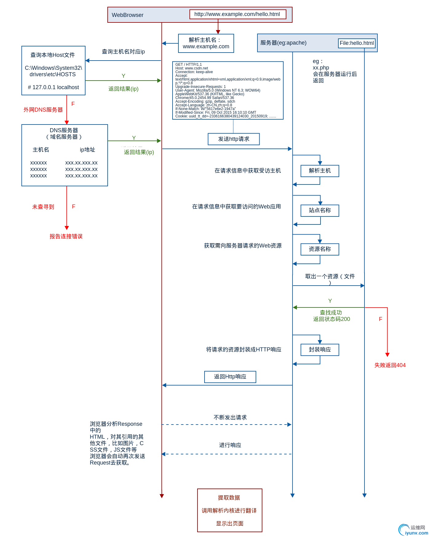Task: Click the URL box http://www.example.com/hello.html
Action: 237,14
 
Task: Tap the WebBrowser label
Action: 127,15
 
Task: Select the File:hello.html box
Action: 356,43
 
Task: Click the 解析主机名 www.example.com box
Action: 206,43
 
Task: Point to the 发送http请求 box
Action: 233,139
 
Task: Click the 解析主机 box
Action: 320,171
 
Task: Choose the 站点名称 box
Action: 320,211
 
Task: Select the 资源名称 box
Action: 320,249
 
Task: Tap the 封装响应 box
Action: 320,350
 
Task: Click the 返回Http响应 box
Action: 230,377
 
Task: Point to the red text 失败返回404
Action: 390,365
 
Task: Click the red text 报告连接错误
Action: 66,236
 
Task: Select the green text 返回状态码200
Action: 332,319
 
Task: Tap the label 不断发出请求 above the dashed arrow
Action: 230,417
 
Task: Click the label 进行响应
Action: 230,445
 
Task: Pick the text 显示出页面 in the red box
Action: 229,524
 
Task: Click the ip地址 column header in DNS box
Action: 87,150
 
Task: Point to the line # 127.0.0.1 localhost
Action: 53,87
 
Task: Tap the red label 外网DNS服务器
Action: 43,110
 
